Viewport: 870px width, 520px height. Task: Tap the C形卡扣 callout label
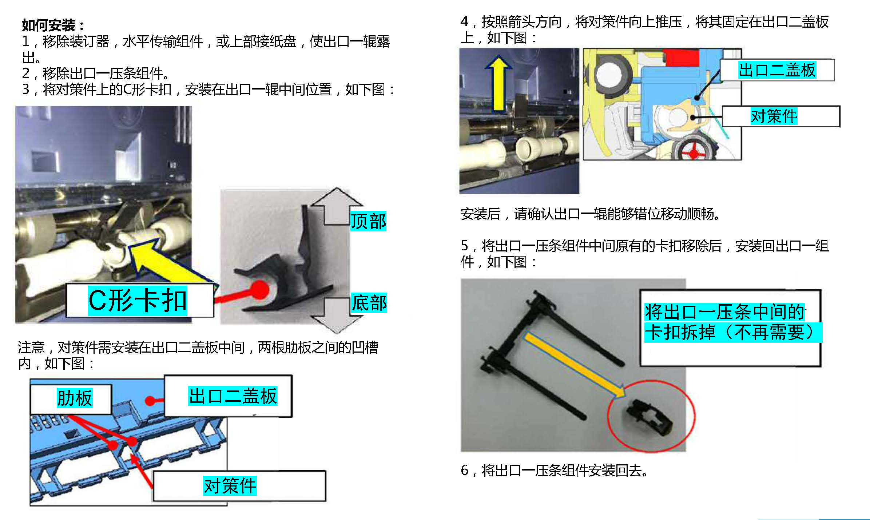click(139, 301)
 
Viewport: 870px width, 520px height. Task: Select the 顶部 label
click(368, 221)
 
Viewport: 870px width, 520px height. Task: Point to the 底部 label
click(369, 303)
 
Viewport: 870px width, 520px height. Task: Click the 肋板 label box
click(71, 399)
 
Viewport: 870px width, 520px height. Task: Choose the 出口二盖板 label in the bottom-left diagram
click(228, 396)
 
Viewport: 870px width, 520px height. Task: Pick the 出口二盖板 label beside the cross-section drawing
click(777, 70)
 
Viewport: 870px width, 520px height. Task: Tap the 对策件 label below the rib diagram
click(239, 486)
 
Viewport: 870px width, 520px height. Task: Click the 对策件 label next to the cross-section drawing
click(781, 116)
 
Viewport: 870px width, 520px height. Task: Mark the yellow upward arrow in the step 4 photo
click(498, 84)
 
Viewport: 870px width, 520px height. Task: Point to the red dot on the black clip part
click(260, 290)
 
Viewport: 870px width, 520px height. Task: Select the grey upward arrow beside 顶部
click(336, 206)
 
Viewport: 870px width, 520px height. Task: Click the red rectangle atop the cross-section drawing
click(681, 58)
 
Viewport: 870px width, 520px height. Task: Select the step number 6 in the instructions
click(465, 471)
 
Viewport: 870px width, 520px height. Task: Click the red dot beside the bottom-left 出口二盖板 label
click(150, 401)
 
